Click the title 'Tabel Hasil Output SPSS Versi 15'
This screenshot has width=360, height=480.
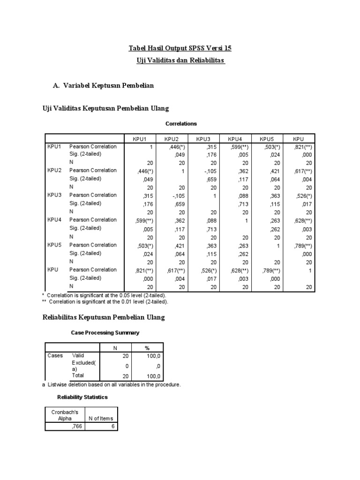(180, 48)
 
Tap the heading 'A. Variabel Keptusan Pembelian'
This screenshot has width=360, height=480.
(104, 86)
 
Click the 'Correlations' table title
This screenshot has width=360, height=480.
(181, 124)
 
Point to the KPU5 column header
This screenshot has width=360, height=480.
(266, 139)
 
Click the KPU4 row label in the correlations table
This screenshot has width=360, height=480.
(54, 220)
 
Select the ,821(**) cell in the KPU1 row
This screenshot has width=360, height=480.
(302, 147)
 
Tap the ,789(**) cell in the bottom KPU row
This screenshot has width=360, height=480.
(270, 270)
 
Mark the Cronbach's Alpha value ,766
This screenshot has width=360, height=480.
(75, 427)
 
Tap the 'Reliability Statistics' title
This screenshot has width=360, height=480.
(82, 397)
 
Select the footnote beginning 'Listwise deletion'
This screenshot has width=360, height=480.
(111, 384)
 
